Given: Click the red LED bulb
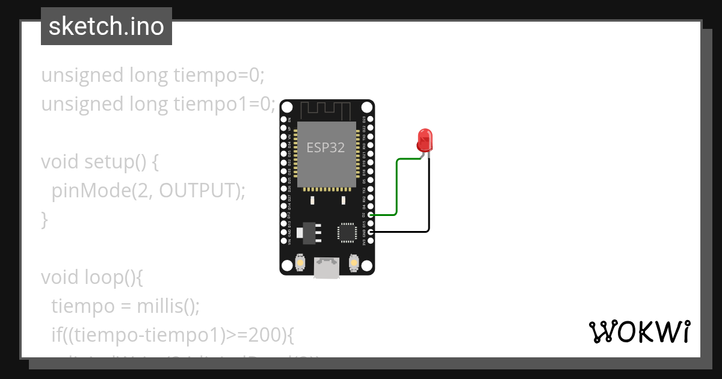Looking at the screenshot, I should [425, 140].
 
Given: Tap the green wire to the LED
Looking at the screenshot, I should [396, 186].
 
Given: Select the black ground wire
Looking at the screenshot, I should [428, 199].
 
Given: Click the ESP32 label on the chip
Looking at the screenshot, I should [326, 147].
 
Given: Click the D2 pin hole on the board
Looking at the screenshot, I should [371, 214].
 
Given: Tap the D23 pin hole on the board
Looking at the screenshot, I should [371, 119].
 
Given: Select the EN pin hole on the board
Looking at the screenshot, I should [283, 119].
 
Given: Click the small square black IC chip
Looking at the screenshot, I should [347, 232].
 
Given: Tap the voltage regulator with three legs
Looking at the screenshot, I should [309, 232].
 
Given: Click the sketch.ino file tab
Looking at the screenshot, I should [106, 26].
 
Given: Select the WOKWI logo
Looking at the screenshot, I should [639, 331].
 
